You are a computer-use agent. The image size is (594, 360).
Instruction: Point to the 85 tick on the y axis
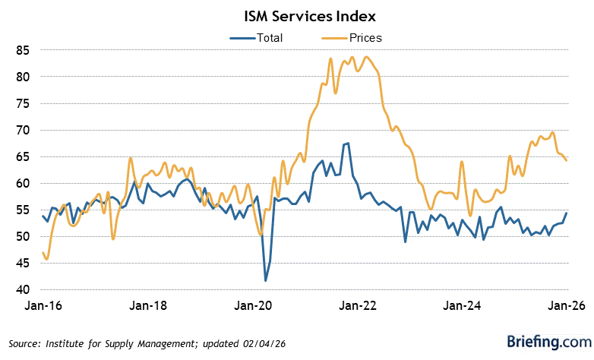pyautogui.click(x=23, y=50)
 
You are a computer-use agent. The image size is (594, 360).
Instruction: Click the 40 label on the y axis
pyautogui.click(x=23, y=290)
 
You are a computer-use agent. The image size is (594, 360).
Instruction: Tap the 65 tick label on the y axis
pyautogui.click(x=23, y=157)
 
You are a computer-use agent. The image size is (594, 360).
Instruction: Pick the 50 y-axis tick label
pyautogui.click(x=23, y=237)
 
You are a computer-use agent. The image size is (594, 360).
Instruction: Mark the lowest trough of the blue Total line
pyautogui.click(x=266, y=281)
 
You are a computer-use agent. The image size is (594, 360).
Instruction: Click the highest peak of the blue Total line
pyautogui.click(x=348, y=144)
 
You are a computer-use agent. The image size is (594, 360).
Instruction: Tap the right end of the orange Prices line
pyautogui.click(x=567, y=159)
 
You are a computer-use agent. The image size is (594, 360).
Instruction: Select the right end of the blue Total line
pyautogui.click(x=567, y=213)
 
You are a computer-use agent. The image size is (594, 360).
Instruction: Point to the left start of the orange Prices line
pyautogui.click(x=42, y=253)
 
